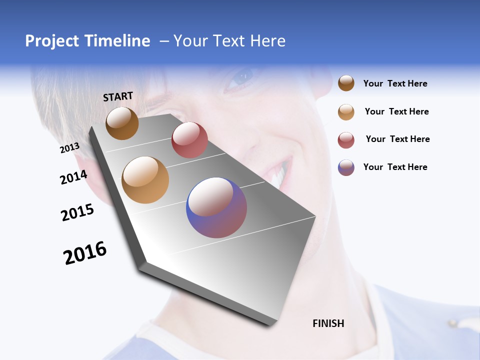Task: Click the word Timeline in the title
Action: click(120, 41)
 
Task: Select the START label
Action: click(118, 96)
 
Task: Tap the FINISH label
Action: click(328, 323)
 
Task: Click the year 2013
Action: click(70, 148)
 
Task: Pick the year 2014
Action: click(74, 177)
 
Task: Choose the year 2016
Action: click(85, 253)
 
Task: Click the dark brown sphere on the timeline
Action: click(122, 123)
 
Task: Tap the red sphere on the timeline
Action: click(189, 140)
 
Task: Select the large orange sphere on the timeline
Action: click(145, 180)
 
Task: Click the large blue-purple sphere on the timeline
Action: click(216, 207)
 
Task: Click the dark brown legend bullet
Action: click(346, 83)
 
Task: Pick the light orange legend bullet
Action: click(346, 112)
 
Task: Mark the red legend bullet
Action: click(346, 140)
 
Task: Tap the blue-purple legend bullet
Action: click(346, 167)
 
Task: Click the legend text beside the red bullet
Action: click(397, 139)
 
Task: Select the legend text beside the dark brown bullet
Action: click(395, 83)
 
